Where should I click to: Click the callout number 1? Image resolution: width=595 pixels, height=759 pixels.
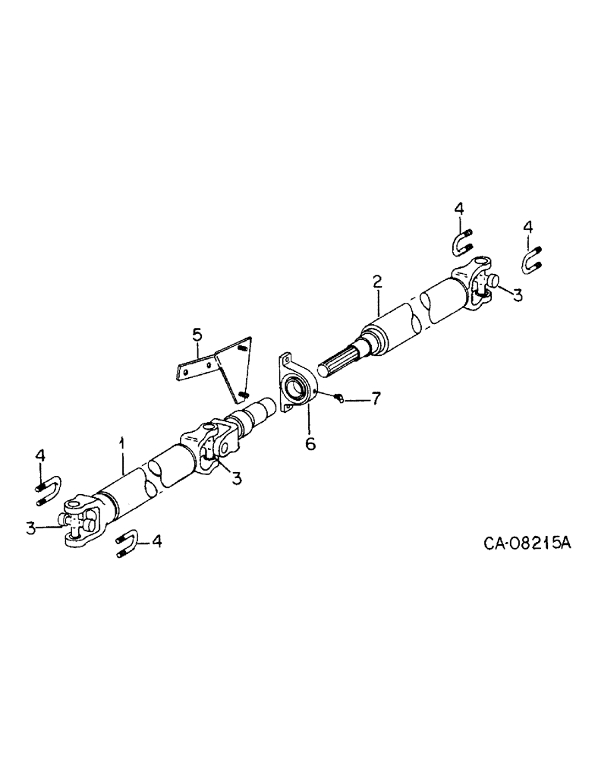coord(122,442)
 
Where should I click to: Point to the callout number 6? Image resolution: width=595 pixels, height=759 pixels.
coord(310,442)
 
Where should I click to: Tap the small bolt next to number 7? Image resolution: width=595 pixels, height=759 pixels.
coord(340,397)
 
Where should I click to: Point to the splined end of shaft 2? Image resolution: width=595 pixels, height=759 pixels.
coord(341,359)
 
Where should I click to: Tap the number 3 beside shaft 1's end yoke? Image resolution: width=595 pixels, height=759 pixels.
coord(31,527)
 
